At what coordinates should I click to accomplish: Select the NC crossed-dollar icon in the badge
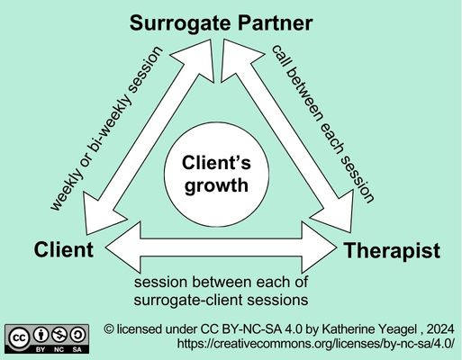tap(59, 332)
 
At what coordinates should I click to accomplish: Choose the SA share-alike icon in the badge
tap(78, 332)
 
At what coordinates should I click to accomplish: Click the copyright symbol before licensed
tap(109, 328)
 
